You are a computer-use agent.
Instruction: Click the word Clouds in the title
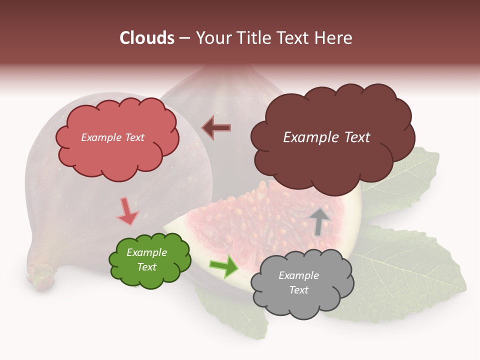147,38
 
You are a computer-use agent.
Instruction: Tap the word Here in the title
334,38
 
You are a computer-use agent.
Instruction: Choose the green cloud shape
149,260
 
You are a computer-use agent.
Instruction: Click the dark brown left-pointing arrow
216,127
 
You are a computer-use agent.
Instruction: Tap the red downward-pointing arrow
127,211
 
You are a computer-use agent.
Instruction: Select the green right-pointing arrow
223,266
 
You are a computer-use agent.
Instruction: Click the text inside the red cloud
112,137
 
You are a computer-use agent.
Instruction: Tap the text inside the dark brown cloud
326,137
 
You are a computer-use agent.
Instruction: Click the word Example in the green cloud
146,252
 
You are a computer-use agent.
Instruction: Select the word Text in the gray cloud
298,290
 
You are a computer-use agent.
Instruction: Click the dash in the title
184,38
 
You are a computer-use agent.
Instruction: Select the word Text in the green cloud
146,267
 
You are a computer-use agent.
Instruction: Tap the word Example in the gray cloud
298,275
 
